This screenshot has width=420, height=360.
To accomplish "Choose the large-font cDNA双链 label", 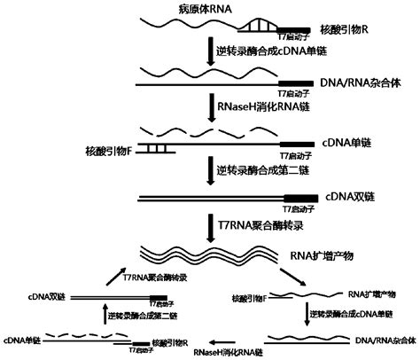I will pyautogui.click(x=348, y=197).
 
